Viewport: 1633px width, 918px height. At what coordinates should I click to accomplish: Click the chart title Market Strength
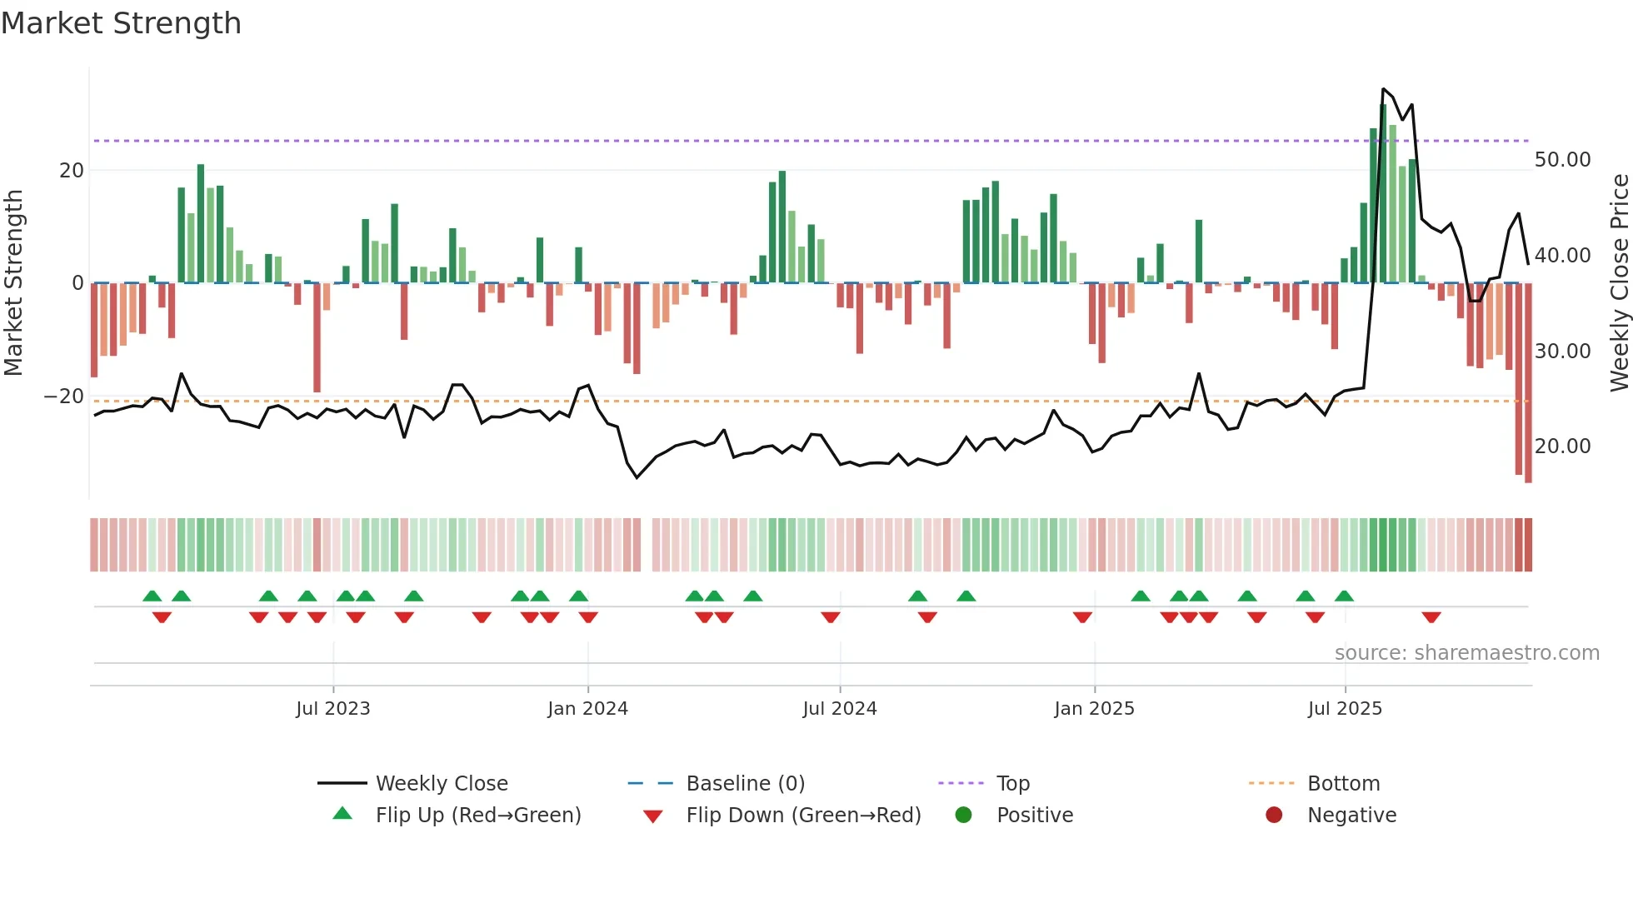[121, 23]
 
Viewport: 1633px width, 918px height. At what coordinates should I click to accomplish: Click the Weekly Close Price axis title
[1619, 283]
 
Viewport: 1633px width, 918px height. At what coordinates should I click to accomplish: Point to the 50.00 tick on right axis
[1562, 160]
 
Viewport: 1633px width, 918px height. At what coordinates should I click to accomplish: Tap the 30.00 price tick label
[1562, 352]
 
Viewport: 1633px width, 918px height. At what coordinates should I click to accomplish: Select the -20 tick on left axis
[64, 397]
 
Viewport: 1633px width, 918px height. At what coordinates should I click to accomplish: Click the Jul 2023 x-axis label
[332, 709]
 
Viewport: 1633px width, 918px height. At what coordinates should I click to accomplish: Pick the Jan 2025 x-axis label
[1094, 709]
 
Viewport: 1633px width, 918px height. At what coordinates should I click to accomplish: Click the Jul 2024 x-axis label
[840, 709]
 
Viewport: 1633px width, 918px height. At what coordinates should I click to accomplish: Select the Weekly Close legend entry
[441, 784]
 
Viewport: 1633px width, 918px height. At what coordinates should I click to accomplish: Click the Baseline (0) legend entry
[745, 784]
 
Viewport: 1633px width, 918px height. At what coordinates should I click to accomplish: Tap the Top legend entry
[1013, 784]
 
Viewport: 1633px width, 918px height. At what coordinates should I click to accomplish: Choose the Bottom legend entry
[1343, 784]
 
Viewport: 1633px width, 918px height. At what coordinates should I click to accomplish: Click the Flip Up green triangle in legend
[342, 814]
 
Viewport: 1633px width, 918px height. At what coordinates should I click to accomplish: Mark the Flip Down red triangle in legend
[653, 816]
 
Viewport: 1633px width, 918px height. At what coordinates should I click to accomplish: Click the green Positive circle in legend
[964, 815]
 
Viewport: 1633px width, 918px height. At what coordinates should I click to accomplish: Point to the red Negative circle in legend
[1274, 815]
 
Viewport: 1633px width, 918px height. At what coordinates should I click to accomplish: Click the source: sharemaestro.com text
[1466, 653]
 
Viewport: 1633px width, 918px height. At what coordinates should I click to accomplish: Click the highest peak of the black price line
[1383, 89]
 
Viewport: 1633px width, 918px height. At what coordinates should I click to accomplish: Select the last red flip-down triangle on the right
[1431, 617]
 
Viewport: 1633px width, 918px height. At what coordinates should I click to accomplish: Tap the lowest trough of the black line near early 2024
[637, 477]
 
